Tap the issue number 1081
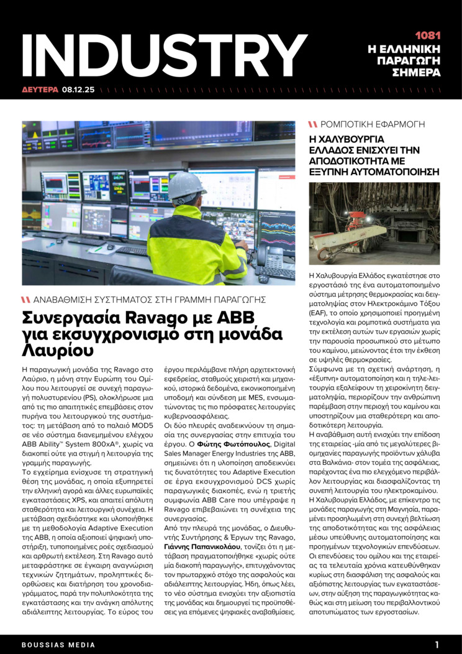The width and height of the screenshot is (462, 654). tap(427, 36)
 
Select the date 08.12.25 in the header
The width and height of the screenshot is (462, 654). tap(78, 90)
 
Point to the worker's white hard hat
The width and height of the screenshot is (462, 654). tap(187, 185)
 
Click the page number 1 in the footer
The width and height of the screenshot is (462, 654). tap(437, 645)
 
